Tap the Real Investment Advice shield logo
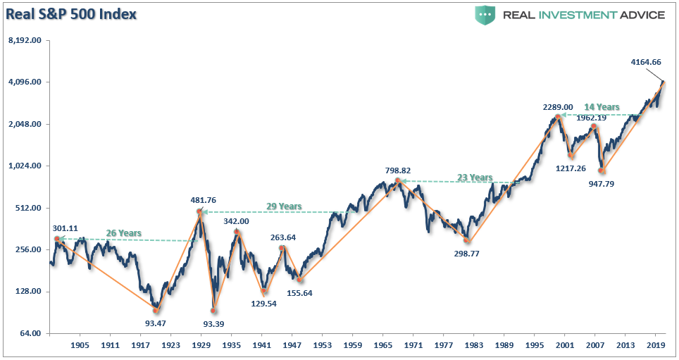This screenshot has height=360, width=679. [485, 15]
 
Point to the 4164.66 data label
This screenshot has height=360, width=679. [646, 62]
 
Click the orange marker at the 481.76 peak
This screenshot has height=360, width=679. [199, 211]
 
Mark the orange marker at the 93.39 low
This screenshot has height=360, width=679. [214, 310]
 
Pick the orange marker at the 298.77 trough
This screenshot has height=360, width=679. [466, 240]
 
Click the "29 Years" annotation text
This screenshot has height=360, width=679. [284, 206]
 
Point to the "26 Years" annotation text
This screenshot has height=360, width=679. [124, 233]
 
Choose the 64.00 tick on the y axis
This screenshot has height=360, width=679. [29, 334]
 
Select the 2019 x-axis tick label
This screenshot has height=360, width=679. [656, 347]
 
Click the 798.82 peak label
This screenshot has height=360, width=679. [398, 170]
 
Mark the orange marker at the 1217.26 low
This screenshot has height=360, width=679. [571, 156]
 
